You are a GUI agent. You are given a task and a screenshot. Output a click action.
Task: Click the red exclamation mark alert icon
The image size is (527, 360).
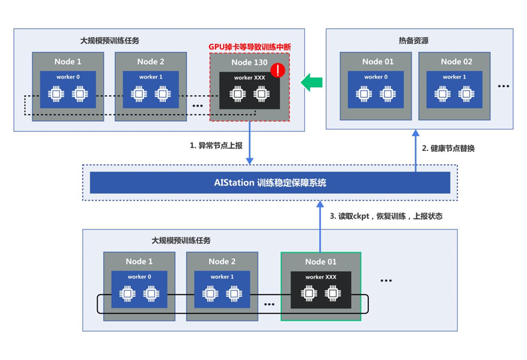coord(278,71)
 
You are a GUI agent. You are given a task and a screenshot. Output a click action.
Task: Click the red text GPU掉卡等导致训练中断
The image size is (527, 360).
coord(249,47)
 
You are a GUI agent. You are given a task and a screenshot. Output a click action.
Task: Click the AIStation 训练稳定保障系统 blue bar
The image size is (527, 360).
coord(270,183)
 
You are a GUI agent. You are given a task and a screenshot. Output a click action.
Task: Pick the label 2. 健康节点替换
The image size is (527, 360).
coord(448,148)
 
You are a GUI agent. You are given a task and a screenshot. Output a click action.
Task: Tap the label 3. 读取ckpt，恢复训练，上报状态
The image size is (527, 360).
coord(385,216)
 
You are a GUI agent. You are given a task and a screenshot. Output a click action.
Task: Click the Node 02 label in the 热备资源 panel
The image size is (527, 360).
coord(457,61)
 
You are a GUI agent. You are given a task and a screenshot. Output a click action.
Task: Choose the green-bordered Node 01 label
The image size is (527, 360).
coord(321,261)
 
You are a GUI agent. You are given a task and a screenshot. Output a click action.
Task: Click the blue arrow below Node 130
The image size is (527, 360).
coord(249,143)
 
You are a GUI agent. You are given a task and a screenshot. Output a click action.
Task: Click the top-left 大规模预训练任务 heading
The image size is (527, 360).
coord(109,41)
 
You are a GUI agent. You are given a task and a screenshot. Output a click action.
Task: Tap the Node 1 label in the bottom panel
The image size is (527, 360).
coord(139,262)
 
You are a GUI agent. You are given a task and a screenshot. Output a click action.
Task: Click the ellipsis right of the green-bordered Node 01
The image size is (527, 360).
coord(385,281)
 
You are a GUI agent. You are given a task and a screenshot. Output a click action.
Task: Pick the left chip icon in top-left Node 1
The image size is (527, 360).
coord(56,94)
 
